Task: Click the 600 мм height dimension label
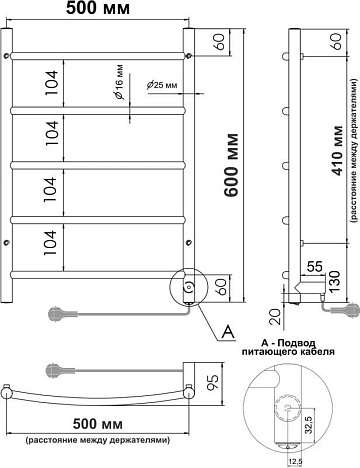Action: (x=231, y=165)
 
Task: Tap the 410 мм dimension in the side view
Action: (x=337, y=151)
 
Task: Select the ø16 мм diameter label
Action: (x=119, y=82)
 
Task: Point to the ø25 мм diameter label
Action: (x=161, y=85)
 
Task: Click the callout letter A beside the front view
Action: (x=228, y=332)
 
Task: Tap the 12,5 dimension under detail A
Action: (x=294, y=461)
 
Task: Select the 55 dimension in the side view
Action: (x=314, y=267)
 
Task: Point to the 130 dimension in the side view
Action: (x=334, y=282)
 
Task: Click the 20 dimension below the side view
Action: (x=276, y=317)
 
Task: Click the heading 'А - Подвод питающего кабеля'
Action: (x=288, y=347)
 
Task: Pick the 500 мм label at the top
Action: (x=97, y=8)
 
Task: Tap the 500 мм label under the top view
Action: (x=98, y=424)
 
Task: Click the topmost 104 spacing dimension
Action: (x=52, y=83)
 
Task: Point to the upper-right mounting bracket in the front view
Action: (x=189, y=55)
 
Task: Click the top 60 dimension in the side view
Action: (x=337, y=42)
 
